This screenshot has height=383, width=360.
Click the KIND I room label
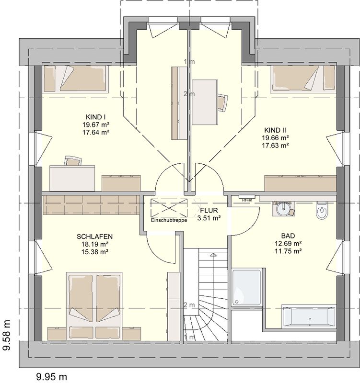(95, 117)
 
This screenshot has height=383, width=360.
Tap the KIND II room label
(275, 130)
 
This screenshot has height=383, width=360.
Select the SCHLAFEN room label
(94, 237)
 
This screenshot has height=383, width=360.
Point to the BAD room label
(288, 236)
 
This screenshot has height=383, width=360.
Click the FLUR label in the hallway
(209, 210)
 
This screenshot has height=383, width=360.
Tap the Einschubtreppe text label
(169, 220)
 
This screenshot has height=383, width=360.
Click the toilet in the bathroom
(321, 210)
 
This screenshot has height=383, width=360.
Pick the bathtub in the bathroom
(309, 315)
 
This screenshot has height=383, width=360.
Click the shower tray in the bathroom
(246, 288)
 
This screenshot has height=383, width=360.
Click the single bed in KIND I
(76, 79)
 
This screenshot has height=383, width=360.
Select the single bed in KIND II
(302, 79)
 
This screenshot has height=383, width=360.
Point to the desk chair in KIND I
(73, 161)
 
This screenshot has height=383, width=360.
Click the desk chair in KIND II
(222, 102)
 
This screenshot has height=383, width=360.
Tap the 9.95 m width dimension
(51, 376)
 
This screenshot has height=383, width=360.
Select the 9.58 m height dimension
(7, 336)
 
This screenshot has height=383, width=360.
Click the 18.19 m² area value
(95, 244)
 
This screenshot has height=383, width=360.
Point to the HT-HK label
(247, 200)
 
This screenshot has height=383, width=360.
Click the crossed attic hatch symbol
(169, 208)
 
